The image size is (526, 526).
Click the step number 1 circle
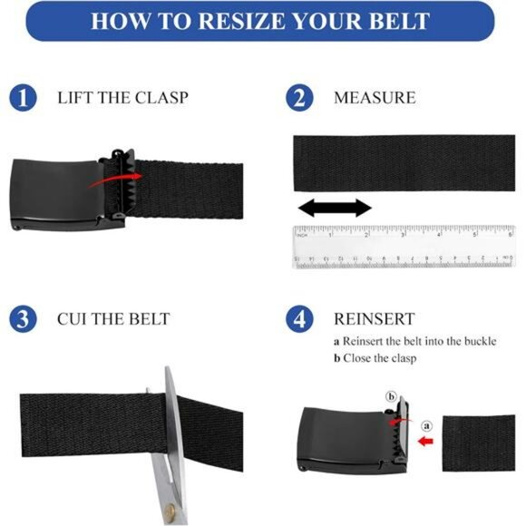click(24, 97)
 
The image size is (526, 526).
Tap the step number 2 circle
click(300, 97)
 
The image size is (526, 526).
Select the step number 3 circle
click(24, 319)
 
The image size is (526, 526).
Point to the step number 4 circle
click(300, 319)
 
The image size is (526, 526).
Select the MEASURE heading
click(375, 97)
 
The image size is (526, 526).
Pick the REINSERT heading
click(374, 319)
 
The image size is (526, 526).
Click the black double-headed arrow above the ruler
click(335, 208)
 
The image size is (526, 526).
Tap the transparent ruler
click(403, 246)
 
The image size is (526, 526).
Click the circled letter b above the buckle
click(391, 396)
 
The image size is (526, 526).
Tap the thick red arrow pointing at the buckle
click(425, 442)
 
